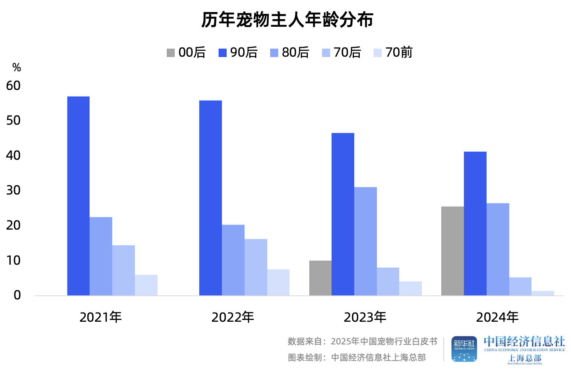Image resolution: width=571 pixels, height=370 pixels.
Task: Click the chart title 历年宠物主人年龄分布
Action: [x=287, y=20]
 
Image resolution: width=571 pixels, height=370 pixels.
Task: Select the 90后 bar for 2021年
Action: [x=79, y=196]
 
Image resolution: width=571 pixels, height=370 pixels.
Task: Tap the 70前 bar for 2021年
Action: [x=146, y=285]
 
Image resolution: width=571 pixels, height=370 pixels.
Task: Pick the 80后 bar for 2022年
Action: [x=233, y=260]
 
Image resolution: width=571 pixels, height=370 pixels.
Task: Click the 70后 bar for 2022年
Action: [x=256, y=267]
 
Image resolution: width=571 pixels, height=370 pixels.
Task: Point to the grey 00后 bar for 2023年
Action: [x=321, y=278]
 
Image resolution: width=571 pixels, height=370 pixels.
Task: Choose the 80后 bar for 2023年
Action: [x=366, y=241]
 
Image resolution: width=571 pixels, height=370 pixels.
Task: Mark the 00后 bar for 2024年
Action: [x=453, y=251]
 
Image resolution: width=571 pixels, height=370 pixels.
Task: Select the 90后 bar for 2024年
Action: [x=475, y=223]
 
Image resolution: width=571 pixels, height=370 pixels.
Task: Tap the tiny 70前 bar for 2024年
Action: [x=543, y=293]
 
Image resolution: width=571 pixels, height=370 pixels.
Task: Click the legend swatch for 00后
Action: [x=171, y=53]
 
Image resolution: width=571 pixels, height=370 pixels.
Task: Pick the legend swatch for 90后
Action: [x=223, y=53]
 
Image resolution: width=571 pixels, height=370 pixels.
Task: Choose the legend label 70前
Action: [x=399, y=53]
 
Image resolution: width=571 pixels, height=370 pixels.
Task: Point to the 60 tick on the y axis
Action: [x=14, y=86]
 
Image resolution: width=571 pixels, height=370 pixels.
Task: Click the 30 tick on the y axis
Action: [x=14, y=190]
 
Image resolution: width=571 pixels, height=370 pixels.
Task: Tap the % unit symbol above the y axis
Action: [x=16, y=68]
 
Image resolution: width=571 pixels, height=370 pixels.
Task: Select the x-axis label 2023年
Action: [x=365, y=317]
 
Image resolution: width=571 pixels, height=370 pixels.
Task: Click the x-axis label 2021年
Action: [x=101, y=317]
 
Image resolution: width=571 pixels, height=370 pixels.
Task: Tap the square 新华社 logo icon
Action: [x=464, y=349]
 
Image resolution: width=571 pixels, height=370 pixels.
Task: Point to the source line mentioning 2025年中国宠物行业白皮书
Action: [x=362, y=341]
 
